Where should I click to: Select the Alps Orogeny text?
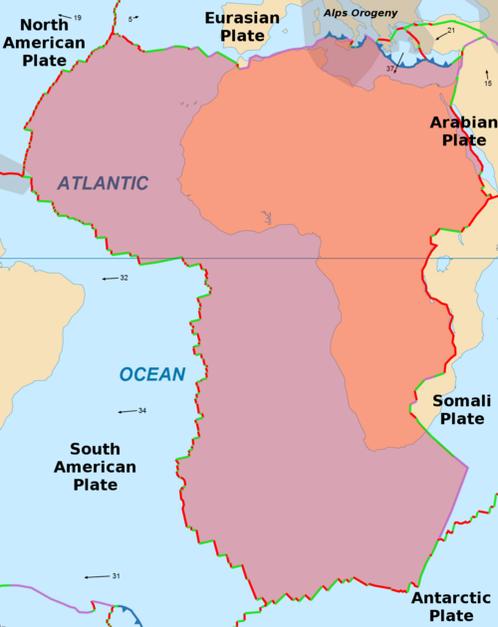(x=361, y=12)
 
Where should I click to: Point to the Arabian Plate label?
(x=463, y=130)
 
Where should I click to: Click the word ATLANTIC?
(x=103, y=183)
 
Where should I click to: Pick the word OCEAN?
(x=152, y=374)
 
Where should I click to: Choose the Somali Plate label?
(x=463, y=409)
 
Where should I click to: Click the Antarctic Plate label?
(x=450, y=606)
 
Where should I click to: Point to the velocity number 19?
(x=78, y=18)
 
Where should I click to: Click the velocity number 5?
(x=130, y=19)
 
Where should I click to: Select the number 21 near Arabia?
(x=451, y=31)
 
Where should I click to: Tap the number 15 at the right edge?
(x=487, y=84)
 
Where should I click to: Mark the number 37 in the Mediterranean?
(x=390, y=68)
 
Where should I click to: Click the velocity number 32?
(x=124, y=278)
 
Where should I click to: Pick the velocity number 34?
(x=142, y=410)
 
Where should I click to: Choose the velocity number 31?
(x=116, y=576)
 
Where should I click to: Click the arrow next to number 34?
(x=126, y=411)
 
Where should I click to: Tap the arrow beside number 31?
(x=97, y=577)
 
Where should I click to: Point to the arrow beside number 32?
(x=110, y=279)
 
